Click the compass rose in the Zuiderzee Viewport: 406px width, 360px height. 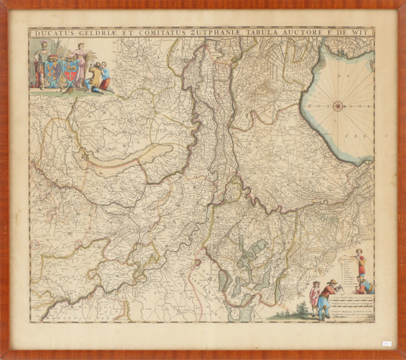click(x=338, y=107)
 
